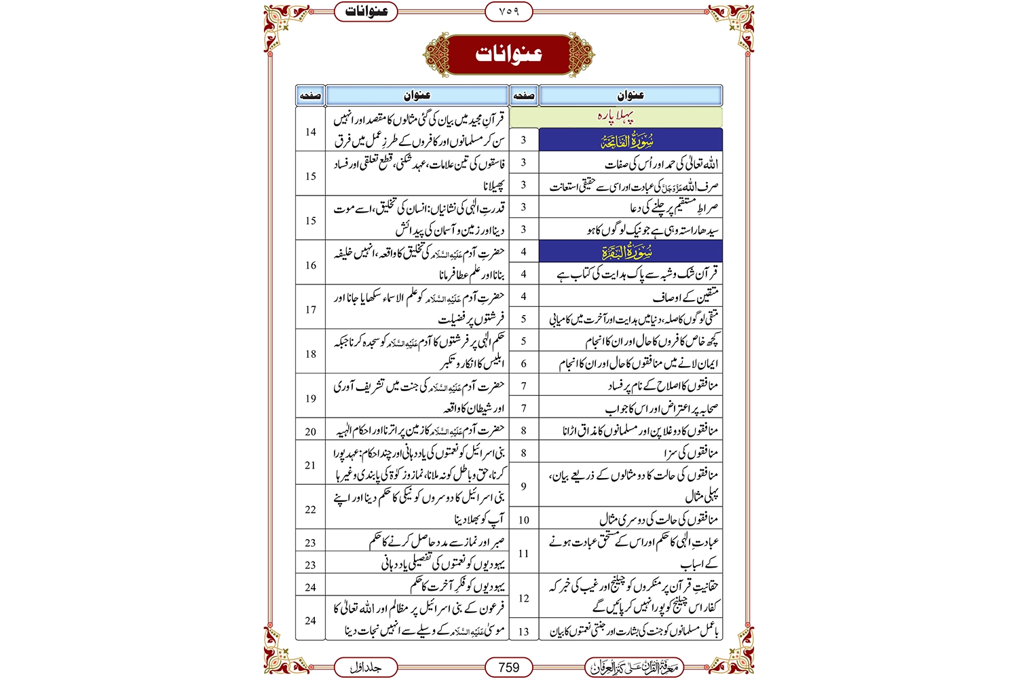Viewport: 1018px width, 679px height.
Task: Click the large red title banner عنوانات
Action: [508, 54]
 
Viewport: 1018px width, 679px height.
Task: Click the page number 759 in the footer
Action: [508, 667]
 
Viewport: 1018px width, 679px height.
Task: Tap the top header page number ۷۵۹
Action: [508, 12]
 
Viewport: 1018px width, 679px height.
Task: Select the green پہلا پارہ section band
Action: [616, 117]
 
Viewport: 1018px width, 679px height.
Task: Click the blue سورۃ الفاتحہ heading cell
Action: [630, 140]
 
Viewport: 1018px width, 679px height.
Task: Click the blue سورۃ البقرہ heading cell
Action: [630, 252]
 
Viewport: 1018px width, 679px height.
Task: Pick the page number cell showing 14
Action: [311, 132]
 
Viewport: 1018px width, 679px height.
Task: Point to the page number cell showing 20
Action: [311, 431]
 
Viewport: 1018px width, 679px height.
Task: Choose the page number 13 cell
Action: [523, 631]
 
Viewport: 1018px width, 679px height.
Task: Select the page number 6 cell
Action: [523, 363]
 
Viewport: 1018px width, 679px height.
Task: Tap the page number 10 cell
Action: [523, 520]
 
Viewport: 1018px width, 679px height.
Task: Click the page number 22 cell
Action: [311, 509]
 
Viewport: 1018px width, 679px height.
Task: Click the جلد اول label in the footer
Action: [366, 667]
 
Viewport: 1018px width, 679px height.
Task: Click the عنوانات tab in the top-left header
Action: [366, 12]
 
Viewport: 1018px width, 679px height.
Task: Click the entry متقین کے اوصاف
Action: [685, 297]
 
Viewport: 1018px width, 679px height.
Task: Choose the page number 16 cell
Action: [311, 265]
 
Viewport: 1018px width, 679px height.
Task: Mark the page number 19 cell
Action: [311, 399]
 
